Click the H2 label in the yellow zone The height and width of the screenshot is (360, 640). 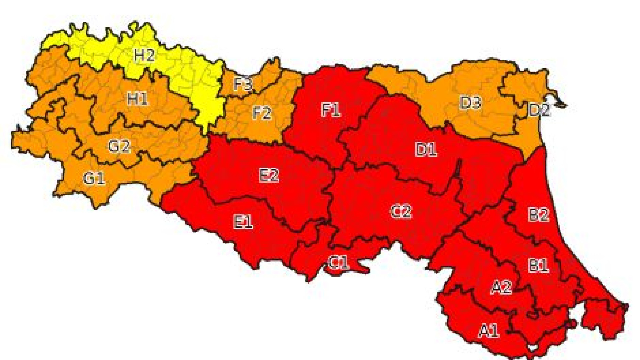click(x=144, y=55)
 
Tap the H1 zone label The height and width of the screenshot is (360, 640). click(x=137, y=99)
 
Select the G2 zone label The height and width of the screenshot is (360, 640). click(x=119, y=146)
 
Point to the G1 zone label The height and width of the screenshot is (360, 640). click(x=94, y=178)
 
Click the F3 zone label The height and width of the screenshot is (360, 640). click(x=243, y=84)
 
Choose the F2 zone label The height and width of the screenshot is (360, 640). click(x=262, y=113)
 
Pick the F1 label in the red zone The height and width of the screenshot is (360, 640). click(x=331, y=110)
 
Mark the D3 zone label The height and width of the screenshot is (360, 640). click(x=470, y=103)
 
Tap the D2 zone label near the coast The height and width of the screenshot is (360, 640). click(x=539, y=110)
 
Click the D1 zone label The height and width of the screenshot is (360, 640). click(x=426, y=150)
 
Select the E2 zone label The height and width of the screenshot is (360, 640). click(x=269, y=175)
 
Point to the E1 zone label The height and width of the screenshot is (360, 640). click(x=243, y=222)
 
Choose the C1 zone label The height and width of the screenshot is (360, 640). click(x=339, y=263)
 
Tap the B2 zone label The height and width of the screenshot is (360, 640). click(x=538, y=215)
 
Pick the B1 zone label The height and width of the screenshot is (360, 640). click(x=538, y=266)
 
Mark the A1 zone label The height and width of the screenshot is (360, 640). click(x=489, y=331)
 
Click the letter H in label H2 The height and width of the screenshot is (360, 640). click(x=139, y=55)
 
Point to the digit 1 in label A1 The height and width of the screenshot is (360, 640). click(x=495, y=331)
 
